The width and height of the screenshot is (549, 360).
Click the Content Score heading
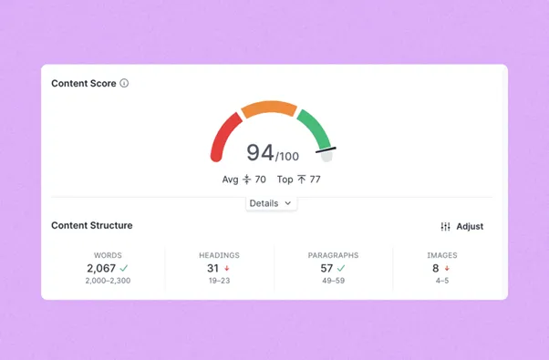(84, 83)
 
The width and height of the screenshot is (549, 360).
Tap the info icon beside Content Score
(124, 83)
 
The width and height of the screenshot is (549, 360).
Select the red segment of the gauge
(222, 140)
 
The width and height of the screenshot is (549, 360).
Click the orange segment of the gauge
(270, 108)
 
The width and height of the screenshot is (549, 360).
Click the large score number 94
(260, 152)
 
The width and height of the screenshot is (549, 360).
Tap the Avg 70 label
(244, 180)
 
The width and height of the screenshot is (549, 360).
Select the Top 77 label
(299, 180)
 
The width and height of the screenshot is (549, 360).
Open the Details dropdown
(270, 203)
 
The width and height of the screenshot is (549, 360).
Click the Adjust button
(462, 226)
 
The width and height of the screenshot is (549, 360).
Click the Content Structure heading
(91, 225)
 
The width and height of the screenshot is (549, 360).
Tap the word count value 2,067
(101, 268)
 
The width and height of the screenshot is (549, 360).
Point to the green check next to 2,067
(124, 268)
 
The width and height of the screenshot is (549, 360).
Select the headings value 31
(212, 268)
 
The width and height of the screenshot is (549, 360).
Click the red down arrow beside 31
(227, 269)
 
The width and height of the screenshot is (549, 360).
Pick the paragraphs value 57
(326, 268)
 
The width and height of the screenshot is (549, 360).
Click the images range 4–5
(442, 281)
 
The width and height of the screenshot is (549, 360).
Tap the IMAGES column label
(442, 255)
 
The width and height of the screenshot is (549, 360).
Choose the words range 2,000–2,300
(108, 281)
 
